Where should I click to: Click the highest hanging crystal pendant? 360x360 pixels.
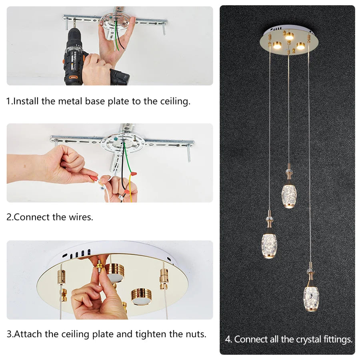tap(289, 194)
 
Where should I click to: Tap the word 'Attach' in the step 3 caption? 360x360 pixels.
tap(26, 334)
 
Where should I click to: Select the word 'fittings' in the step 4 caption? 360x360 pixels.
tap(338, 340)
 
